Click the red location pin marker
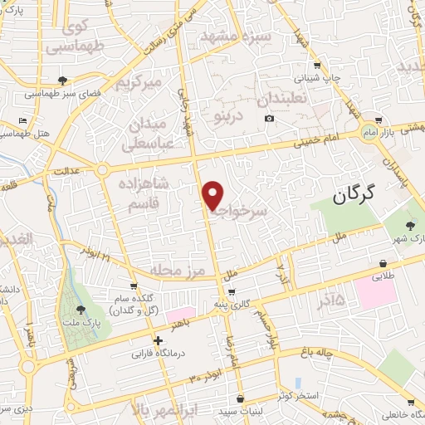point(213,194)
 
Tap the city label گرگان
point(354,195)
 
